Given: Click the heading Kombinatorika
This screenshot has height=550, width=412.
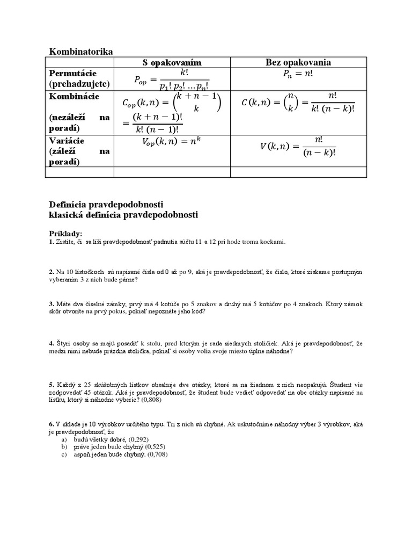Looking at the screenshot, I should click(81, 52).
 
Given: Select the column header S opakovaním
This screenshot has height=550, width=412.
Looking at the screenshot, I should click(172, 62).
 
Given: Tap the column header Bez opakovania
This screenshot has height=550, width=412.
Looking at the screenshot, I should click(298, 62).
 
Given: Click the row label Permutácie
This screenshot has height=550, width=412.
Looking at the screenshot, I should click(72, 73).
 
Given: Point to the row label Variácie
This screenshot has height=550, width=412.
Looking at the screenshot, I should click(67, 140).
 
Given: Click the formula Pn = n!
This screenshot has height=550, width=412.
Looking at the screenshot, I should click(298, 75).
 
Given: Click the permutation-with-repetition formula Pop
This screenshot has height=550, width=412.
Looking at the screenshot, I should click(172, 79).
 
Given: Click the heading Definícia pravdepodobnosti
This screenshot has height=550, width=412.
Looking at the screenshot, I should click(106, 205).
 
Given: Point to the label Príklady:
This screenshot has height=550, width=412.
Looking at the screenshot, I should click(66, 233).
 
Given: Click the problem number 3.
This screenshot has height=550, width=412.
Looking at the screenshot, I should click(51, 303).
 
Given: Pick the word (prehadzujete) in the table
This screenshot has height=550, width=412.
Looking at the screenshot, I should click(79, 84).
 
